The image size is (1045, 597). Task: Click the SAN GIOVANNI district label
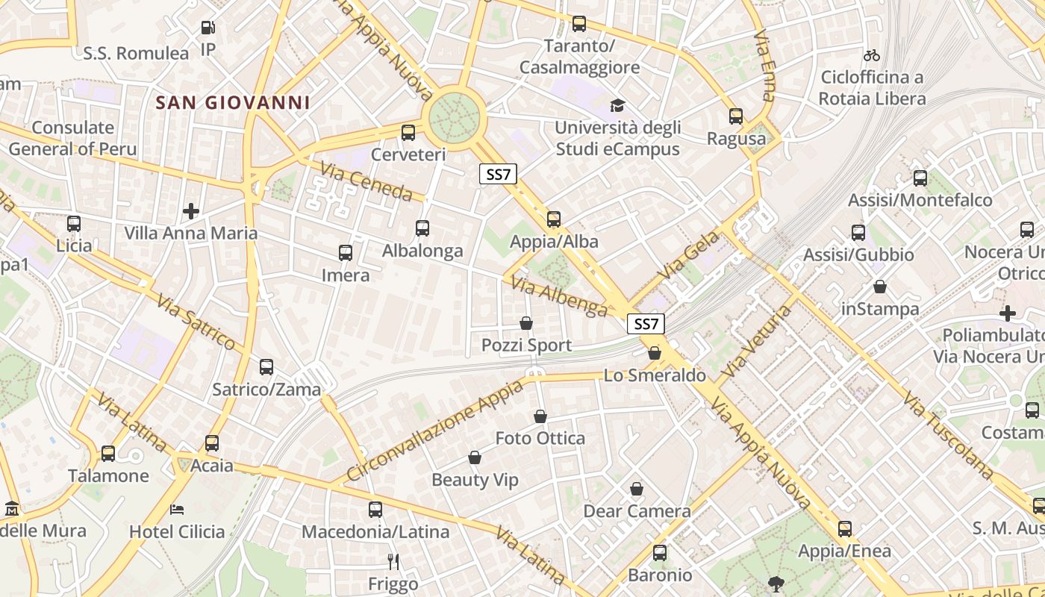click(232, 102)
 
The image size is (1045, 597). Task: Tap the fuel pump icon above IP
click(208, 28)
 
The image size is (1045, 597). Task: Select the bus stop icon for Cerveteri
click(408, 133)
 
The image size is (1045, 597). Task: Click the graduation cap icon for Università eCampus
click(617, 106)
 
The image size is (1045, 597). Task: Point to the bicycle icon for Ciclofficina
click(871, 55)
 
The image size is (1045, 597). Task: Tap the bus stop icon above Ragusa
click(736, 116)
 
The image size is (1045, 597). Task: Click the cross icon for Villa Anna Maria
click(191, 211)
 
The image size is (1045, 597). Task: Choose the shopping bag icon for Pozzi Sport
click(526, 323)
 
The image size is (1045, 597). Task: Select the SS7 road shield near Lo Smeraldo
click(646, 324)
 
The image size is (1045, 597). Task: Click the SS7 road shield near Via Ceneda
click(498, 175)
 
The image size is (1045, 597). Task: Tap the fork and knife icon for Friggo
click(393, 561)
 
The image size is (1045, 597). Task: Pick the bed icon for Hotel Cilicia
click(177, 510)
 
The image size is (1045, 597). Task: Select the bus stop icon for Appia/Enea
click(845, 529)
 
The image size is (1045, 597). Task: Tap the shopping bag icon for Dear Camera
click(637, 489)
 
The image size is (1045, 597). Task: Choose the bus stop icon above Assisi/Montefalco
click(920, 178)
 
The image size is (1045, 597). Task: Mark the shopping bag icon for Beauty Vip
click(475, 457)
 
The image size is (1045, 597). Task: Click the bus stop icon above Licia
click(74, 224)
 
